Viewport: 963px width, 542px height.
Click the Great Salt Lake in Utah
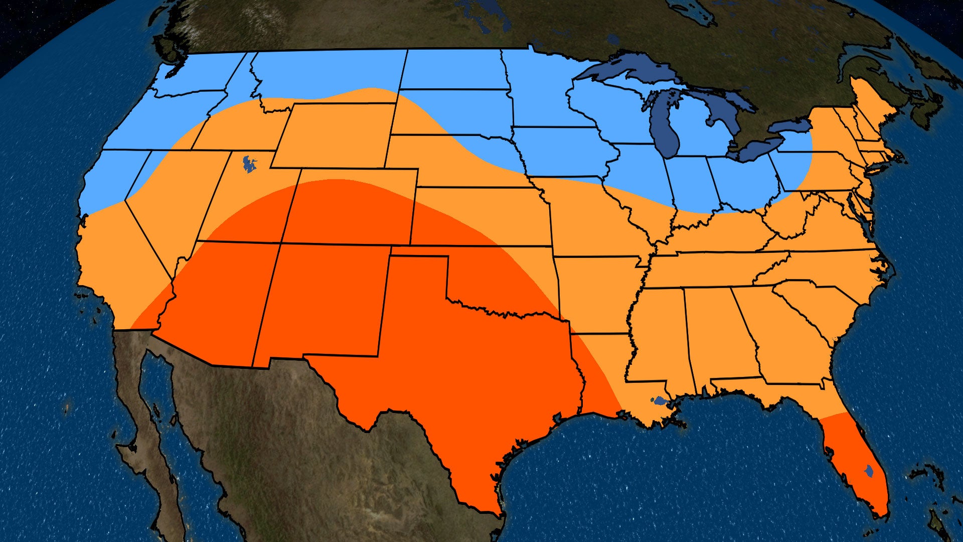pyautogui.click(x=248, y=164)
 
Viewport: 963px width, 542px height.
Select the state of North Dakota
pyautogui.click(x=451, y=70)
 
